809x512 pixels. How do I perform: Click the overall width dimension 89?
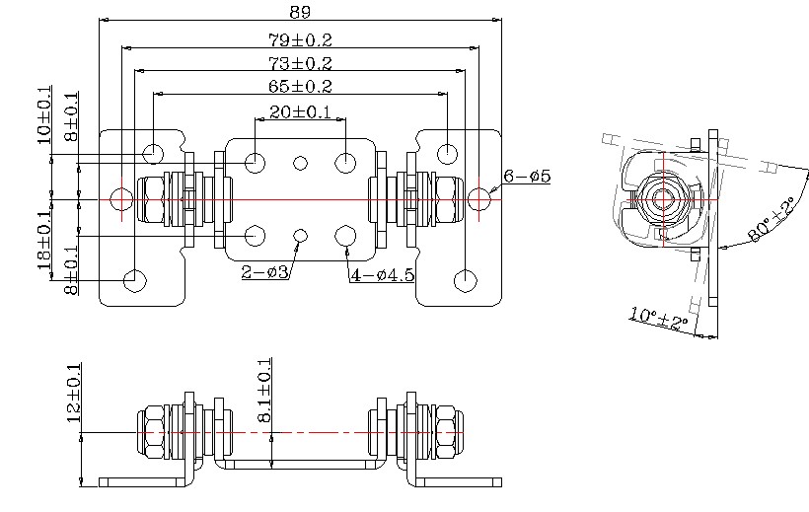301,12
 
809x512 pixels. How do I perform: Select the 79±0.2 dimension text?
300,40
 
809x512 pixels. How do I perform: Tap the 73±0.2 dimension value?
300,63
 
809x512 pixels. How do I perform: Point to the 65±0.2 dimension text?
300,87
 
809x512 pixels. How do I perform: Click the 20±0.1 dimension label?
300,111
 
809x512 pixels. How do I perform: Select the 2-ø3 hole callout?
264,272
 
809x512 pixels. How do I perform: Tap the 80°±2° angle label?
772,220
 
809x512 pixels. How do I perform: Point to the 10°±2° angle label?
659,319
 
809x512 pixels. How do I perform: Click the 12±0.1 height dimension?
71,393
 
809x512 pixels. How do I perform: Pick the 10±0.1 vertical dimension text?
44,115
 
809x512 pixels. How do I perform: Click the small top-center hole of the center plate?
301,162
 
